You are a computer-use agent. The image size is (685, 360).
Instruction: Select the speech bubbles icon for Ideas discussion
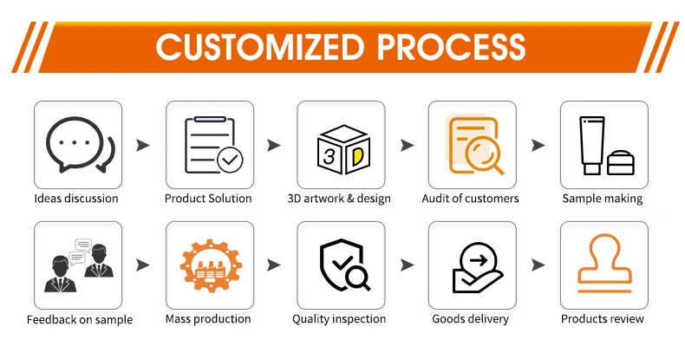click(x=78, y=145)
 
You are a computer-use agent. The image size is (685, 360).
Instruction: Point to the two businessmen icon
click(x=78, y=265)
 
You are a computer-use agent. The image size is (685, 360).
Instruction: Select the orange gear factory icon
click(x=210, y=265)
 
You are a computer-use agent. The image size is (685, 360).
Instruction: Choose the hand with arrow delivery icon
click(x=473, y=265)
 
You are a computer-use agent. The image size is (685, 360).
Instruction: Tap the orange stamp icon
click(x=604, y=265)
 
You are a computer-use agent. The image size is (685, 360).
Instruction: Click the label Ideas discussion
click(x=76, y=199)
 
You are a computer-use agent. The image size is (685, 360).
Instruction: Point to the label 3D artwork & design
click(x=339, y=199)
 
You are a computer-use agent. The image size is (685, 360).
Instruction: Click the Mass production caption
click(x=208, y=319)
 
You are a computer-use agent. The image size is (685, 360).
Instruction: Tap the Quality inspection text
click(x=339, y=319)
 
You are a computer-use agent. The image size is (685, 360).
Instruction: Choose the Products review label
click(x=603, y=319)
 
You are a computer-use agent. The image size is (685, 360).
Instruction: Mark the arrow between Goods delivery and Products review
click(x=538, y=265)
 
